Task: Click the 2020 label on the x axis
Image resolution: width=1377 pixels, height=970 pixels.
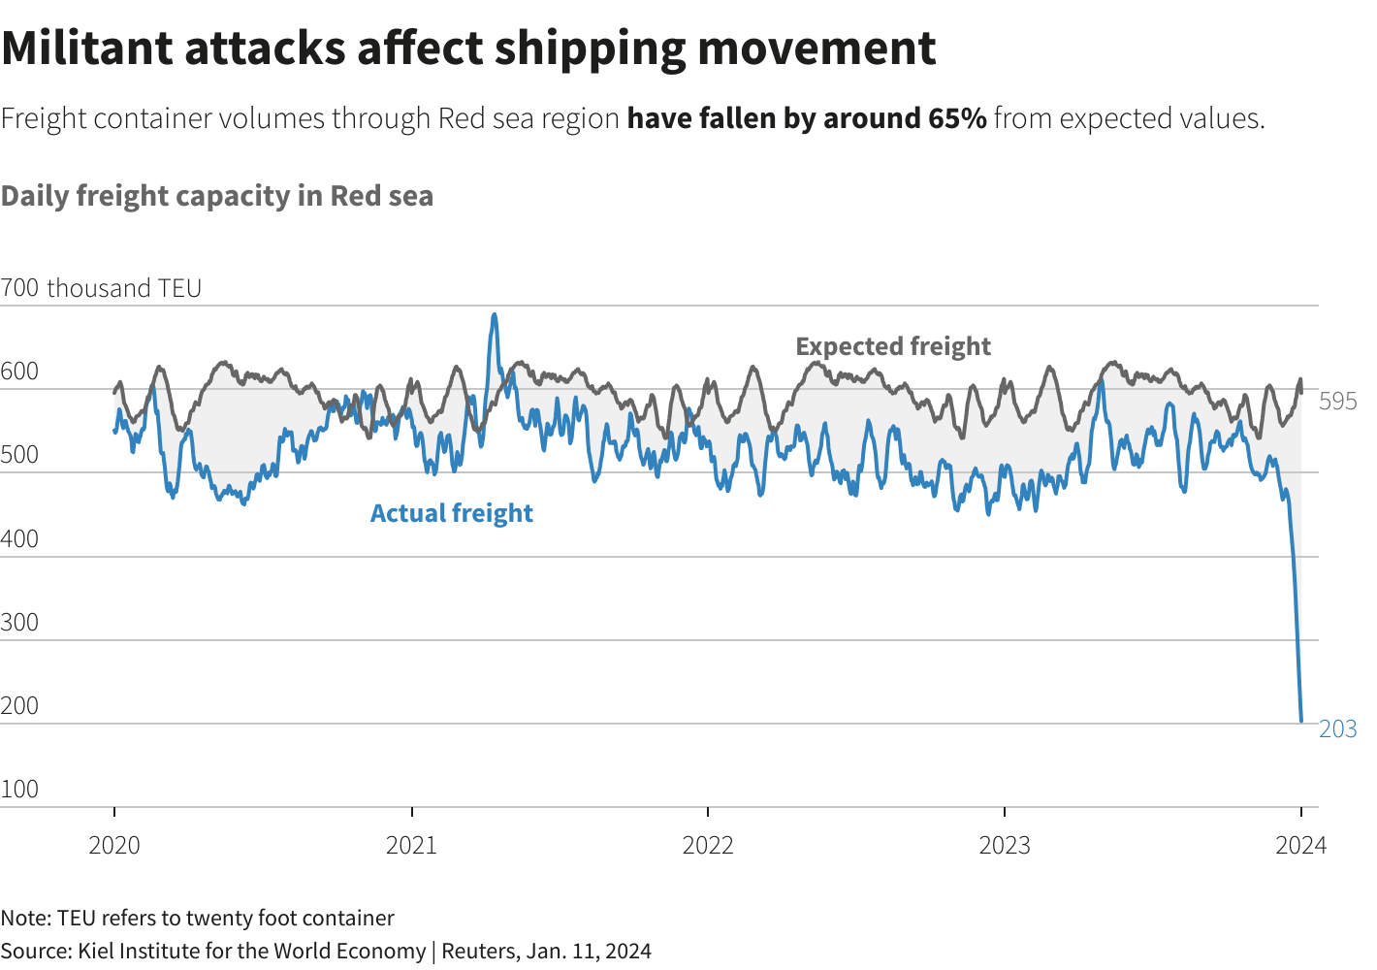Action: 114,845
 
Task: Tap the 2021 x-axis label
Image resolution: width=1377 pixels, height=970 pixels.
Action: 411,845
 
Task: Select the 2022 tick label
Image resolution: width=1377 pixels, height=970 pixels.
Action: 708,845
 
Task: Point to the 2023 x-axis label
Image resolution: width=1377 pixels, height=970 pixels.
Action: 1005,845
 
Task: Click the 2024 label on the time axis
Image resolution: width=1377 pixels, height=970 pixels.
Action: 1300,845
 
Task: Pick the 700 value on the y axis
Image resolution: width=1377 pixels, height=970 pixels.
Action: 20,288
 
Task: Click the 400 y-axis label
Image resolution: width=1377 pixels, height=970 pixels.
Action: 20,538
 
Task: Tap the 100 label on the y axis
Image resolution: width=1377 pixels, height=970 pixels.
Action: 20,789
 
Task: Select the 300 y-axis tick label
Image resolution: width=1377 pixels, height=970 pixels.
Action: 20,622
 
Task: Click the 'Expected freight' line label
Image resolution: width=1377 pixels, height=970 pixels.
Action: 893,346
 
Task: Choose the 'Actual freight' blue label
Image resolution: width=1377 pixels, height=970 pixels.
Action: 452,513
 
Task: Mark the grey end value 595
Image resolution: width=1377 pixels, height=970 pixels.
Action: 1338,401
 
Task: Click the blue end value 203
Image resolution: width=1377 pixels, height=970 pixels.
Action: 1338,728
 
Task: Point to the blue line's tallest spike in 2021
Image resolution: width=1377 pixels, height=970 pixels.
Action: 495,315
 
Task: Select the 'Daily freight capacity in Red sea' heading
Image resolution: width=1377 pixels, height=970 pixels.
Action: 217,196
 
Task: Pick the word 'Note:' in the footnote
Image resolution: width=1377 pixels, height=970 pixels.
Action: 25,918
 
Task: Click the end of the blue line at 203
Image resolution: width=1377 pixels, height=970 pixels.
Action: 1301,721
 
